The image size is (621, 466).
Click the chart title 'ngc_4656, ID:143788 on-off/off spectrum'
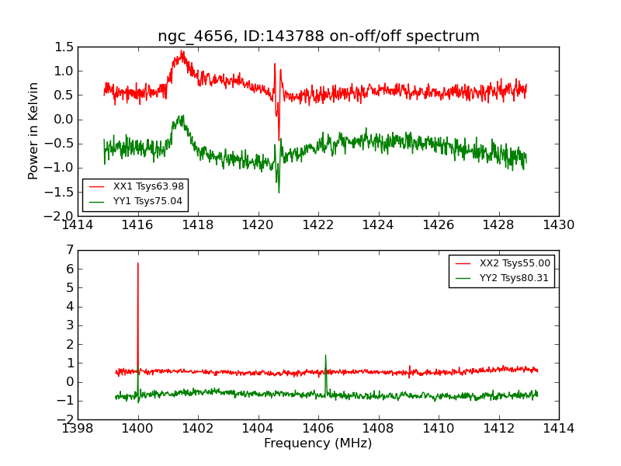(x=318, y=37)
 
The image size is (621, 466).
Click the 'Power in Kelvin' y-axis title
(x=33, y=130)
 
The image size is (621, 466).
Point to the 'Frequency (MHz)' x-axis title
(x=318, y=443)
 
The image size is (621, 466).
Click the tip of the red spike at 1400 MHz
(x=138, y=263)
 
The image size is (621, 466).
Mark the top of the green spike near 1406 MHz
(x=325, y=355)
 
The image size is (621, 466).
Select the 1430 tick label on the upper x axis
(x=558, y=225)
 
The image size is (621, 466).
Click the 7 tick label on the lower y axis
(x=70, y=250)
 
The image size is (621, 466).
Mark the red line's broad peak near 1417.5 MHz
(x=182, y=52)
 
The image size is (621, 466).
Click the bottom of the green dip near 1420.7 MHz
(x=279, y=192)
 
